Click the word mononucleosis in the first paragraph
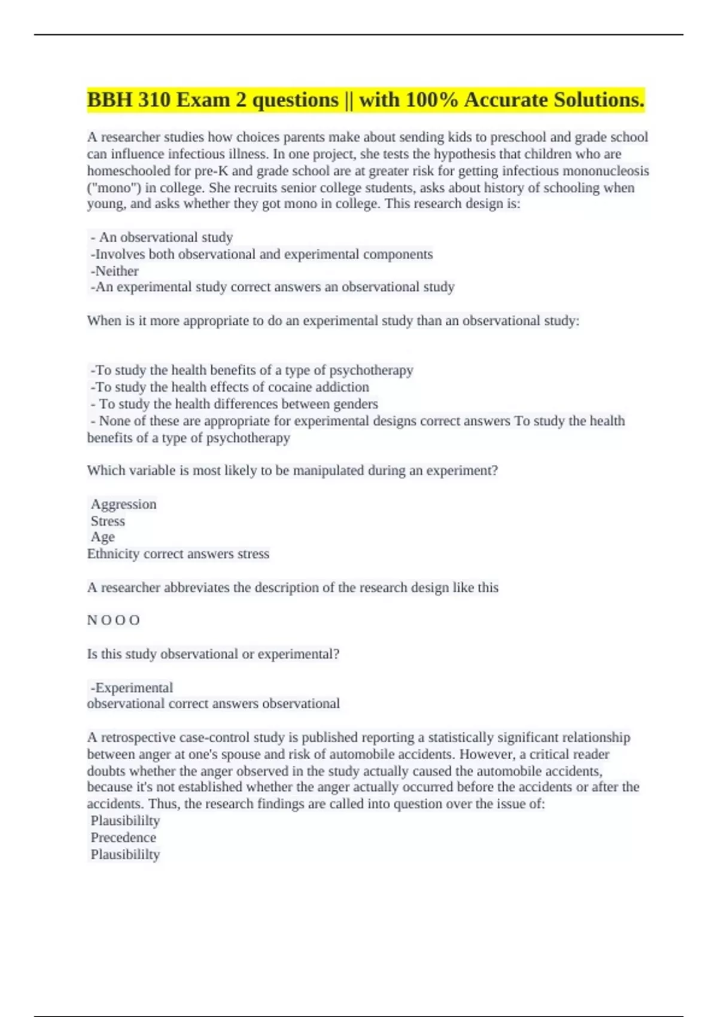609,171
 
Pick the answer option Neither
117,271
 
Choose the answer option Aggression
123,504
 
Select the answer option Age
102,537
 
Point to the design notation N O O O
113,620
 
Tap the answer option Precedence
123,838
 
